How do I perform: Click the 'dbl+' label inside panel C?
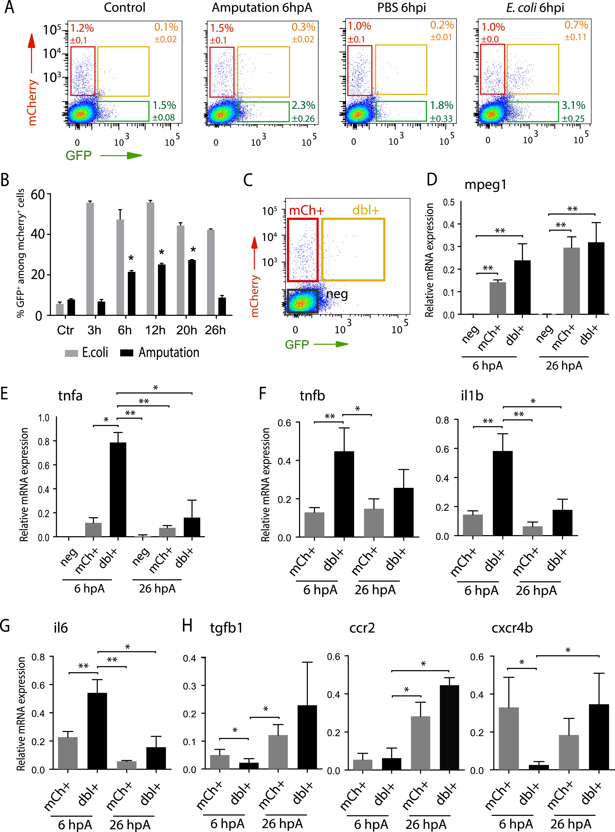[x=366, y=211]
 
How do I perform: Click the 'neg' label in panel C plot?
[x=337, y=294]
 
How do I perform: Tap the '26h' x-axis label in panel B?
[x=215, y=330]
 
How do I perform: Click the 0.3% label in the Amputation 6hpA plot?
[x=303, y=27]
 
